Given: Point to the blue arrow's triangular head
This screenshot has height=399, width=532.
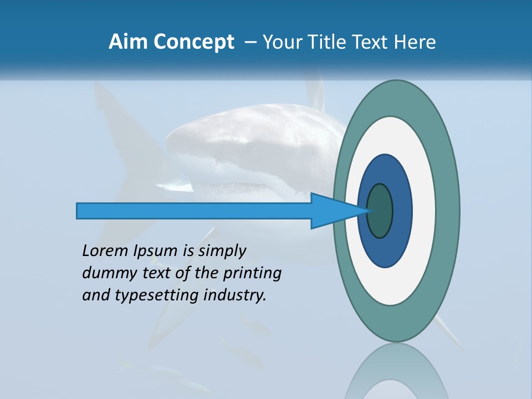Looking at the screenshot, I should (332, 211).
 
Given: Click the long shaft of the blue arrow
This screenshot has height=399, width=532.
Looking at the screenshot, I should (194, 211).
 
